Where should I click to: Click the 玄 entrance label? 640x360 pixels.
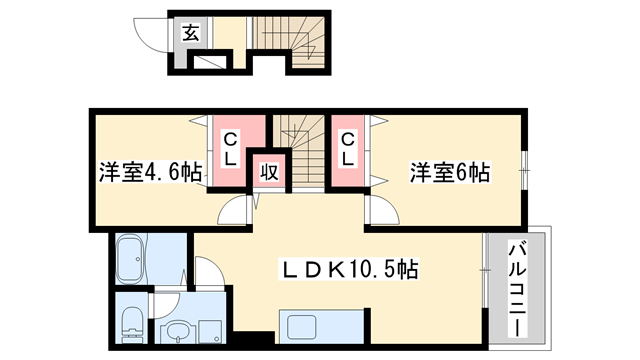(x=190, y=34)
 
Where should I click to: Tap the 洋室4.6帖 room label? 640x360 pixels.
(x=150, y=172)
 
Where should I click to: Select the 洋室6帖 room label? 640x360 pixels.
(x=449, y=172)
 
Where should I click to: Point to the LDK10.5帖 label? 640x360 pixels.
(x=348, y=269)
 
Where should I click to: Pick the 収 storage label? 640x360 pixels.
(x=269, y=172)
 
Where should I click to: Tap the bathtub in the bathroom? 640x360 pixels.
(x=132, y=261)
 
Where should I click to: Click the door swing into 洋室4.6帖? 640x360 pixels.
(x=233, y=209)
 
